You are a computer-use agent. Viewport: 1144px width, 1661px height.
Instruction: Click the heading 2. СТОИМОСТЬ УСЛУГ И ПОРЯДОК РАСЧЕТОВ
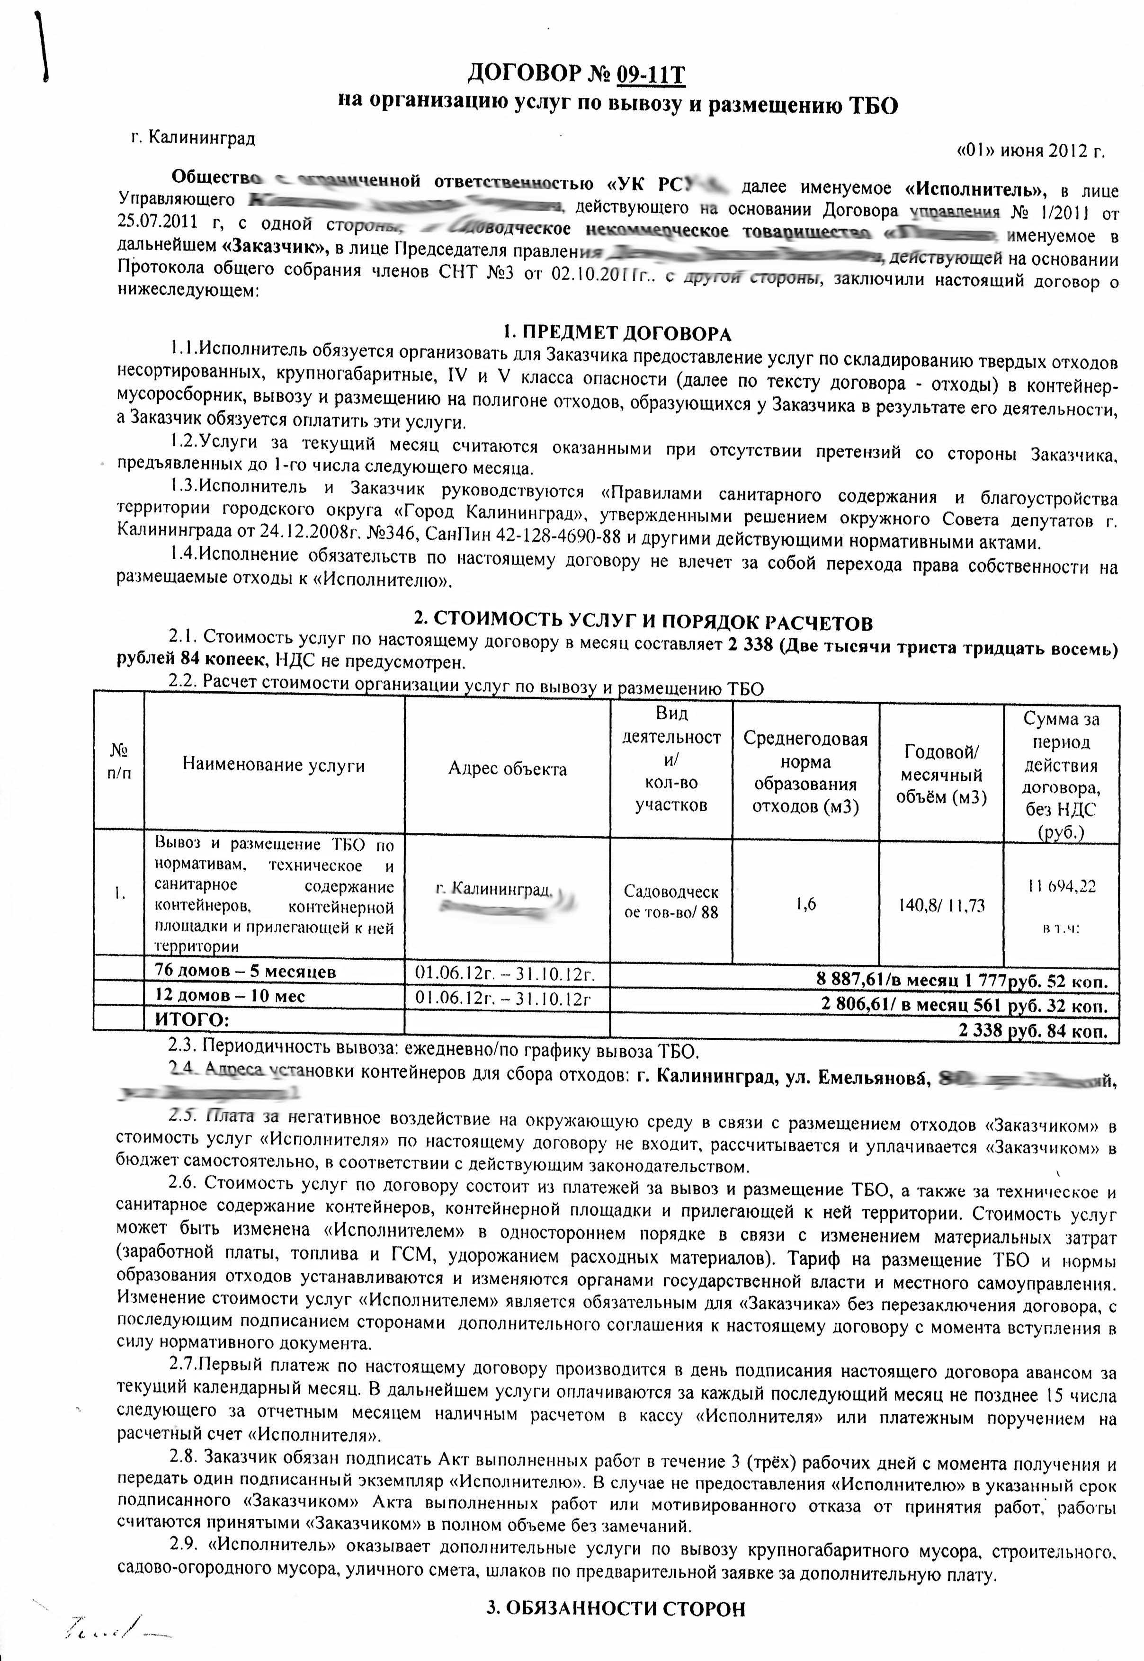click(x=643, y=621)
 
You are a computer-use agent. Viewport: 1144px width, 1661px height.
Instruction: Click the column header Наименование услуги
click(x=273, y=765)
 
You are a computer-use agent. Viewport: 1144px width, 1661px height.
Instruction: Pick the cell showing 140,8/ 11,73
click(x=941, y=905)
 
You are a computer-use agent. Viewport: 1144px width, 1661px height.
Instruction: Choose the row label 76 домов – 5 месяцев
click(x=245, y=972)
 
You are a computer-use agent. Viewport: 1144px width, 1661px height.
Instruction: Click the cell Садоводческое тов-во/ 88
click(x=671, y=902)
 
